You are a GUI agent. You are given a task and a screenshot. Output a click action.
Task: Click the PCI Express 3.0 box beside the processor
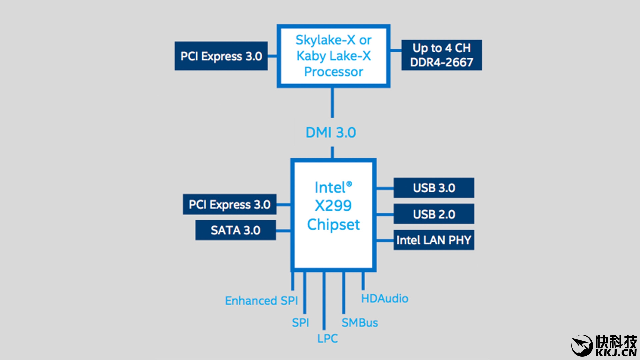pyautogui.click(x=221, y=56)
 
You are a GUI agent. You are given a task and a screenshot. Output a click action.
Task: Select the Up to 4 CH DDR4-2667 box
pyautogui.click(x=441, y=55)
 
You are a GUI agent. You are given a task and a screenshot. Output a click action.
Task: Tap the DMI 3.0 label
pyautogui.click(x=331, y=133)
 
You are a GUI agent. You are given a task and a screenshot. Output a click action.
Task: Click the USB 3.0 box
pyautogui.click(x=434, y=188)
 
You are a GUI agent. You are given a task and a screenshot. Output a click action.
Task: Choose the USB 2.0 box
pyautogui.click(x=434, y=214)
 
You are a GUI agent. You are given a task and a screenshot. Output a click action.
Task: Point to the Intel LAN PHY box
pyautogui.click(x=434, y=240)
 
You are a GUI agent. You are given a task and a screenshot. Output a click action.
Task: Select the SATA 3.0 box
pyautogui.click(x=235, y=230)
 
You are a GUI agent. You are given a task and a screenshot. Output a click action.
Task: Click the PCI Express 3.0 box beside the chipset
pyautogui.click(x=229, y=204)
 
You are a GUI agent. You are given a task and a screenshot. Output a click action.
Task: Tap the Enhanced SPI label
pyautogui.click(x=261, y=301)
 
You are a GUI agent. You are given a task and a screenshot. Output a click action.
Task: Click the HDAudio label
pyautogui.click(x=385, y=299)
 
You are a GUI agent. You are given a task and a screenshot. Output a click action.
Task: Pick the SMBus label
pyautogui.click(x=360, y=323)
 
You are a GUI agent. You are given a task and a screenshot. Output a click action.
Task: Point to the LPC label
pyautogui.click(x=327, y=339)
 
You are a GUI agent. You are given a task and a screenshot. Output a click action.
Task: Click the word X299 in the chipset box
pyautogui.click(x=333, y=206)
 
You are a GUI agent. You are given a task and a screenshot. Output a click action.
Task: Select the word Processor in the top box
pyautogui.click(x=333, y=72)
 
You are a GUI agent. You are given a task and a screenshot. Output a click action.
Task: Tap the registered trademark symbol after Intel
pyautogui.click(x=349, y=184)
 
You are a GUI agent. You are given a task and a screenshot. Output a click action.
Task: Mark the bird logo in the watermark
pyautogui.click(x=582, y=345)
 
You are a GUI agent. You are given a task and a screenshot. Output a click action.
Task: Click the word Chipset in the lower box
pyautogui.click(x=333, y=225)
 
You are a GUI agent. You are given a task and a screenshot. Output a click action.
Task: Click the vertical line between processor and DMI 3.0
pyautogui.click(x=332, y=103)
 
